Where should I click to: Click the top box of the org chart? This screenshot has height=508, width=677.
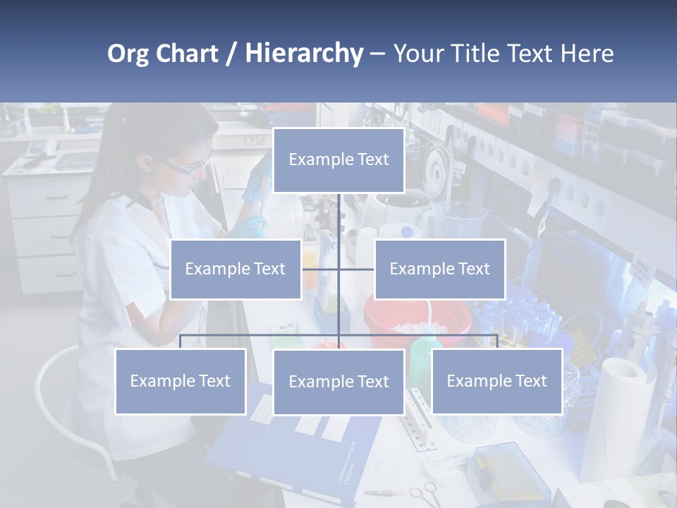tap(338, 160)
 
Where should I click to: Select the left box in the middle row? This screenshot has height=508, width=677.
tap(235, 269)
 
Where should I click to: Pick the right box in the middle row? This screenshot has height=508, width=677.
tap(439, 269)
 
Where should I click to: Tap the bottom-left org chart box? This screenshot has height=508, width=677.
tap(180, 381)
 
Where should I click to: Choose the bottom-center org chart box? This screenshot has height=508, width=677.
tap(338, 382)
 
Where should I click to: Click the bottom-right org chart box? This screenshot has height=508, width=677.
tap(496, 381)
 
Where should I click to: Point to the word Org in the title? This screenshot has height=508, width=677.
tap(128, 54)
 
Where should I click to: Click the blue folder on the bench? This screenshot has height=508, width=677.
tap(296, 452)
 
